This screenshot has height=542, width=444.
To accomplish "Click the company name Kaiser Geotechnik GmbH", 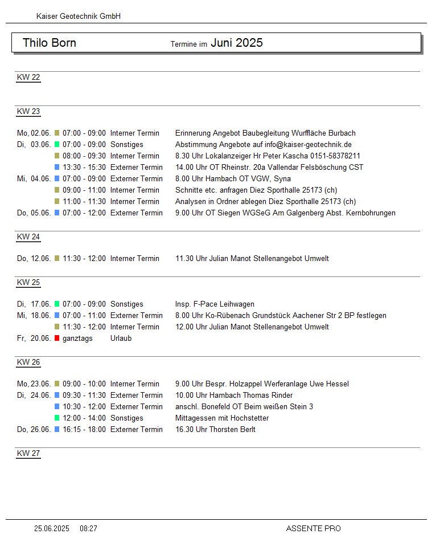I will pos(78,17).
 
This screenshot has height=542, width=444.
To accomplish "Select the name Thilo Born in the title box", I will pos(50,43).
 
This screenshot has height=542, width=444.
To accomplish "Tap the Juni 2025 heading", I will pos(237,43).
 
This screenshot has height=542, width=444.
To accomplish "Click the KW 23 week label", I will pos(28,112).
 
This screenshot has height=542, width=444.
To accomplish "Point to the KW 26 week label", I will pos(28,362).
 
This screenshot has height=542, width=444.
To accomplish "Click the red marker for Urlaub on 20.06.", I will pos(57,339).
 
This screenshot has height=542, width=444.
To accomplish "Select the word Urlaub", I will pos(121,339).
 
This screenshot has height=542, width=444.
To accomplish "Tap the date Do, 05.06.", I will pos(34,213).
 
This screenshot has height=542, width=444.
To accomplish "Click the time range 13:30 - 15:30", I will pos(84,168).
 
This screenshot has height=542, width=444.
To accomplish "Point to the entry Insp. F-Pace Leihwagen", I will pos(215,304).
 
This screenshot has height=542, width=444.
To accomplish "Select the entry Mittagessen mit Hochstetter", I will pos(222,418).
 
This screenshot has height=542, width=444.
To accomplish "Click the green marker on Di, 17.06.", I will pos(57,304).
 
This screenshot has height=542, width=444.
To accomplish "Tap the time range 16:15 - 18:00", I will pos(84,430).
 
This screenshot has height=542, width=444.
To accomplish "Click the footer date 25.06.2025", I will pos(52,529).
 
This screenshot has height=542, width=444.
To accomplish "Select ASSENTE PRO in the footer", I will pos(313,529).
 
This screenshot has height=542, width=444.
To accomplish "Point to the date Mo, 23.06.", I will pos(34,384).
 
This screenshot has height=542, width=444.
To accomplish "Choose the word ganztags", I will pos(77,339).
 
